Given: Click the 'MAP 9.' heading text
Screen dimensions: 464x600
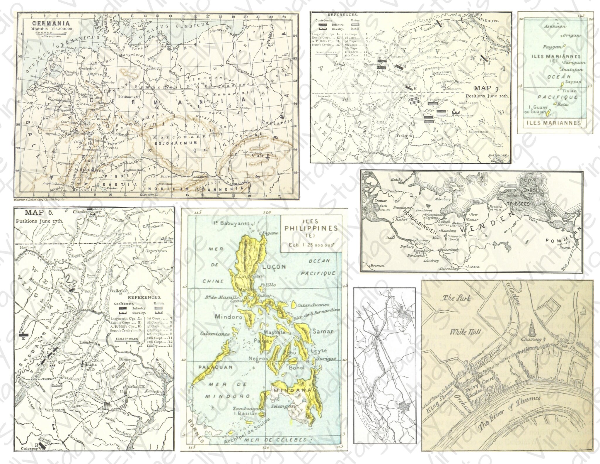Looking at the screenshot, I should point(487,89).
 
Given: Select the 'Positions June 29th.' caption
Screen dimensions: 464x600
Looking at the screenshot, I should point(487,96).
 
